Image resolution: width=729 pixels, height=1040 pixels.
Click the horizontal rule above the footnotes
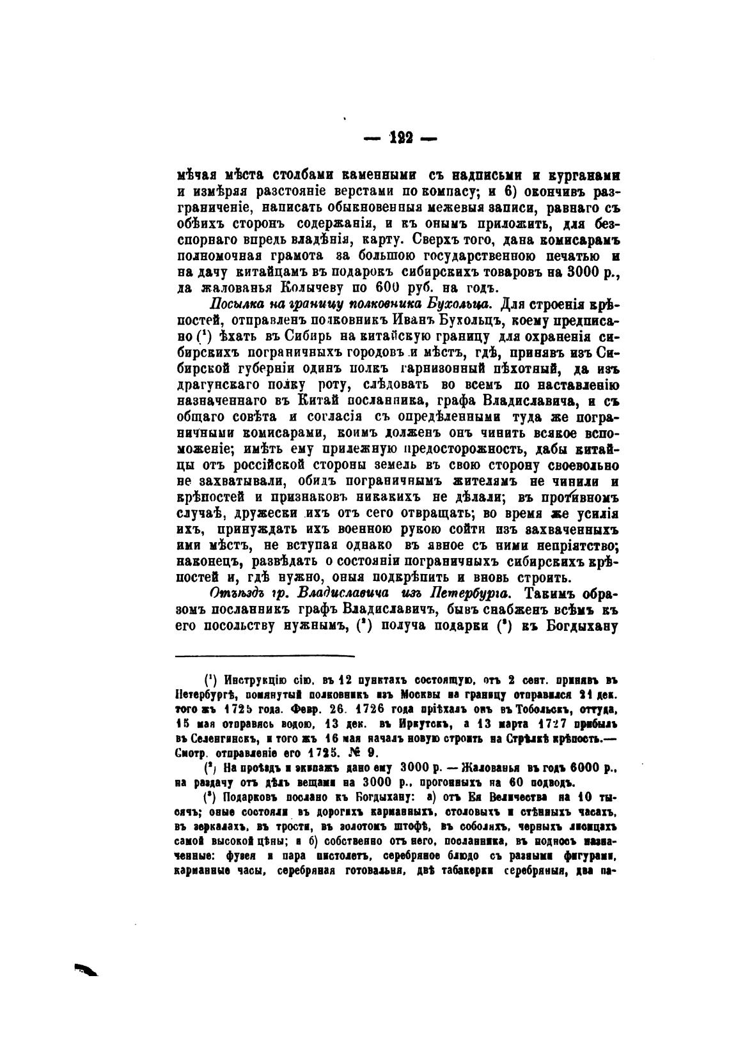pos(265,655)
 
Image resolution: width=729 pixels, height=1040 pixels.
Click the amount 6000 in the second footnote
pos(583,768)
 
